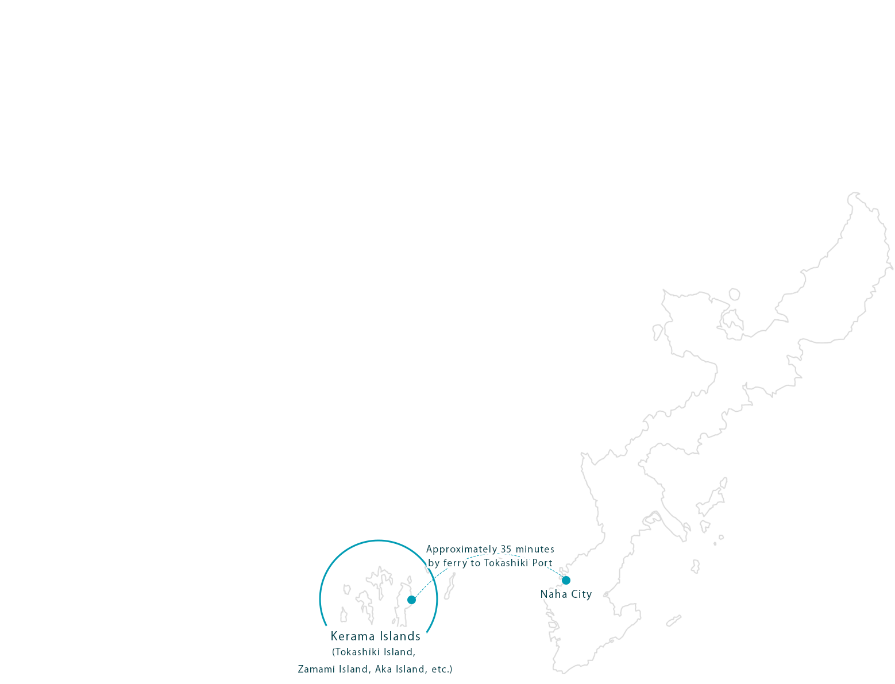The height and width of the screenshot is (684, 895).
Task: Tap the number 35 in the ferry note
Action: tap(506, 550)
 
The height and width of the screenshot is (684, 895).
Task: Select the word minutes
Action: tap(535, 550)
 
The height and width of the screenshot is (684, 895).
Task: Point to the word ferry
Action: tap(455, 563)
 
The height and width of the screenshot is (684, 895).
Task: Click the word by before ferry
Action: tap(434, 563)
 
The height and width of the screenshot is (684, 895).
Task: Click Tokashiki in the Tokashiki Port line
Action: tap(506, 563)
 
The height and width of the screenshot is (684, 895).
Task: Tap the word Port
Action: tap(542, 563)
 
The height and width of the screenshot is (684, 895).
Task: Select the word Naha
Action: tap(553, 594)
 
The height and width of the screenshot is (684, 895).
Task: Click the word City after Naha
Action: tap(580, 594)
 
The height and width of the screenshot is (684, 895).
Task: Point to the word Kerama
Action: tap(352, 636)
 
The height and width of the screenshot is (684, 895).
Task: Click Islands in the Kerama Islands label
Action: tap(399, 636)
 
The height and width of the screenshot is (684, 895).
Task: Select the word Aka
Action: tap(384, 669)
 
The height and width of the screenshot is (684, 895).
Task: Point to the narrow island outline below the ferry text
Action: tap(450, 586)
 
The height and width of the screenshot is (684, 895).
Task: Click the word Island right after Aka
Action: tap(410, 669)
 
